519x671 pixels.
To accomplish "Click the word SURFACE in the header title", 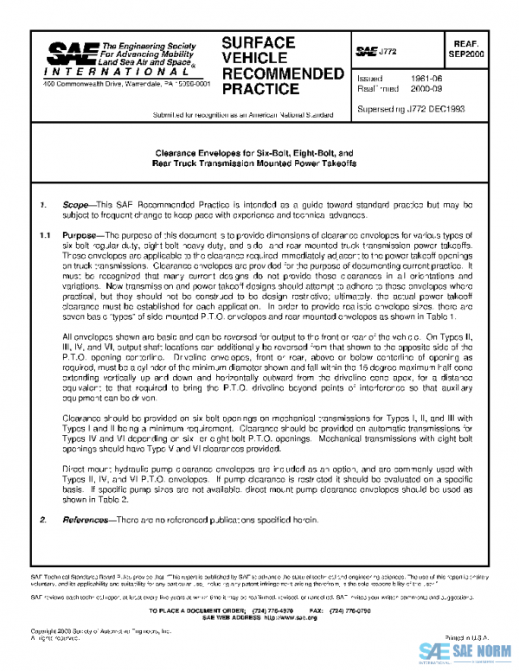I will (259, 42).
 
